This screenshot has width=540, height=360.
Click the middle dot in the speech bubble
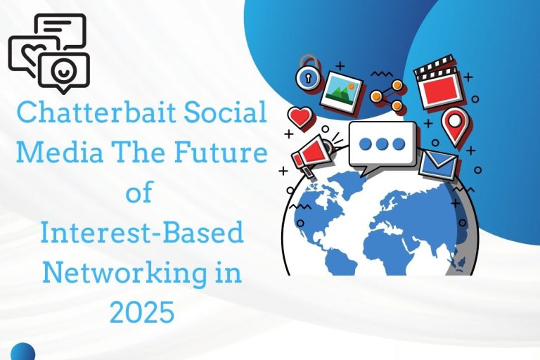(x=382, y=143)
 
